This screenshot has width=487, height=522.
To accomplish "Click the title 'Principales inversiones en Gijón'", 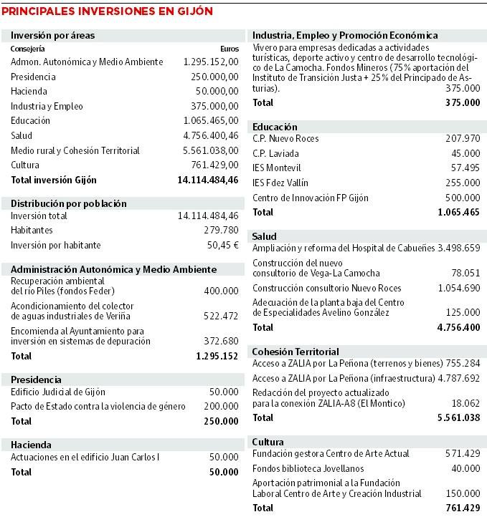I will click(108, 11).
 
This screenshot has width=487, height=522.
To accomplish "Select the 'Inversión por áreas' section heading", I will click(53, 35).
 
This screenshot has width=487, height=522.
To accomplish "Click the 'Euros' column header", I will click(230, 48).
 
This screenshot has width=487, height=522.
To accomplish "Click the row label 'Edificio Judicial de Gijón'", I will click(58, 392).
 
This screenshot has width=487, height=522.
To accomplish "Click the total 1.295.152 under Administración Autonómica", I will click(217, 355).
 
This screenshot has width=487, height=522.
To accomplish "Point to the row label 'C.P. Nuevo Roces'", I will click(285, 138).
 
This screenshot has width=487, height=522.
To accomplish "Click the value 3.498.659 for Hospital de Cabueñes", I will click(458, 248).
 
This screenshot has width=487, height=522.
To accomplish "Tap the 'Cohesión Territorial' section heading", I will click(295, 352).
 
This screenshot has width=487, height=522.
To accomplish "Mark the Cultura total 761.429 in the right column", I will click(462, 508).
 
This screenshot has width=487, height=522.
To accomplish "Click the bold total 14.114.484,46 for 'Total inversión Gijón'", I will click(207, 180).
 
